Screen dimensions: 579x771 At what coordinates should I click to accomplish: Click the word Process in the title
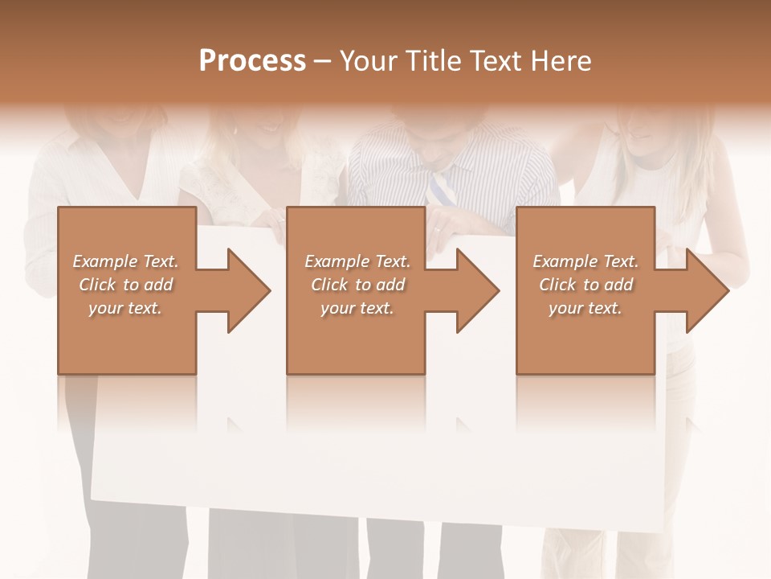(x=252, y=61)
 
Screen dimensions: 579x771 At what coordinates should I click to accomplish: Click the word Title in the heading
(x=433, y=61)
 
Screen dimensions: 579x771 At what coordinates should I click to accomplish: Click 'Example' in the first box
(x=106, y=261)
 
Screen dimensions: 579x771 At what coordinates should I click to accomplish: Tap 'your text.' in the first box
(x=125, y=308)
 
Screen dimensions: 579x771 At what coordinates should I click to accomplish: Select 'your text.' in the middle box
(x=357, y=308)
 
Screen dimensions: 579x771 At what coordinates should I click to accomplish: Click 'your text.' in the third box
(x=585, y=308)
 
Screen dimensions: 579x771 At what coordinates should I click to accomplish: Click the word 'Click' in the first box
(x=97, y=285)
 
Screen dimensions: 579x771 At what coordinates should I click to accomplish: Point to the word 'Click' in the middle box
(x=329, y=285)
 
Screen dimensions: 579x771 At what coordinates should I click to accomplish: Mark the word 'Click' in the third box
(x=557, y=285)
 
